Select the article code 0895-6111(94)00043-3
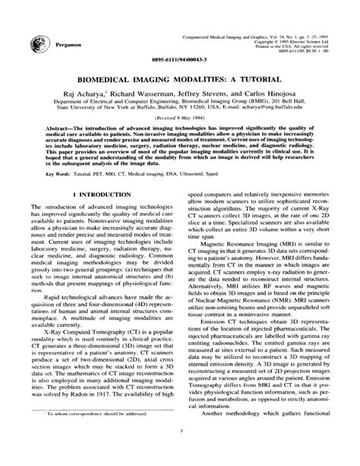[180, 59]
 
